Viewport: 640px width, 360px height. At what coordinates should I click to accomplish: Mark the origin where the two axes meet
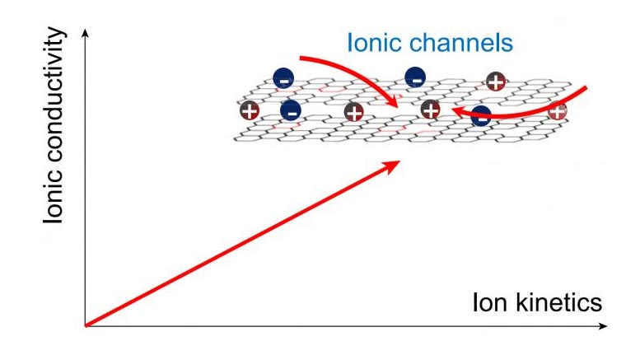(85, 327)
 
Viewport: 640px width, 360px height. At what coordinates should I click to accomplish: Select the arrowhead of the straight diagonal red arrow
(395, 164)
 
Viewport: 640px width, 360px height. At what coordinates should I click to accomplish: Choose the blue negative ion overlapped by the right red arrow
(481, 117)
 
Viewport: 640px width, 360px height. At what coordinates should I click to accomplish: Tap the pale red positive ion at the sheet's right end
(558, 110)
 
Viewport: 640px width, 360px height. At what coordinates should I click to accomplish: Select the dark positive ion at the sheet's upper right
(495, 80)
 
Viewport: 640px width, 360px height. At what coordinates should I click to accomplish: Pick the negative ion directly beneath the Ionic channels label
(415, 77)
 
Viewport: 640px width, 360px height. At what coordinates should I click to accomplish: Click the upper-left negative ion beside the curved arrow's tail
(283, 78)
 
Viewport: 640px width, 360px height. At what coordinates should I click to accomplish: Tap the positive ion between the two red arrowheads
(430, 109)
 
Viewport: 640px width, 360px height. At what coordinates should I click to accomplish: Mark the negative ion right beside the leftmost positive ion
(290, 110)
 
